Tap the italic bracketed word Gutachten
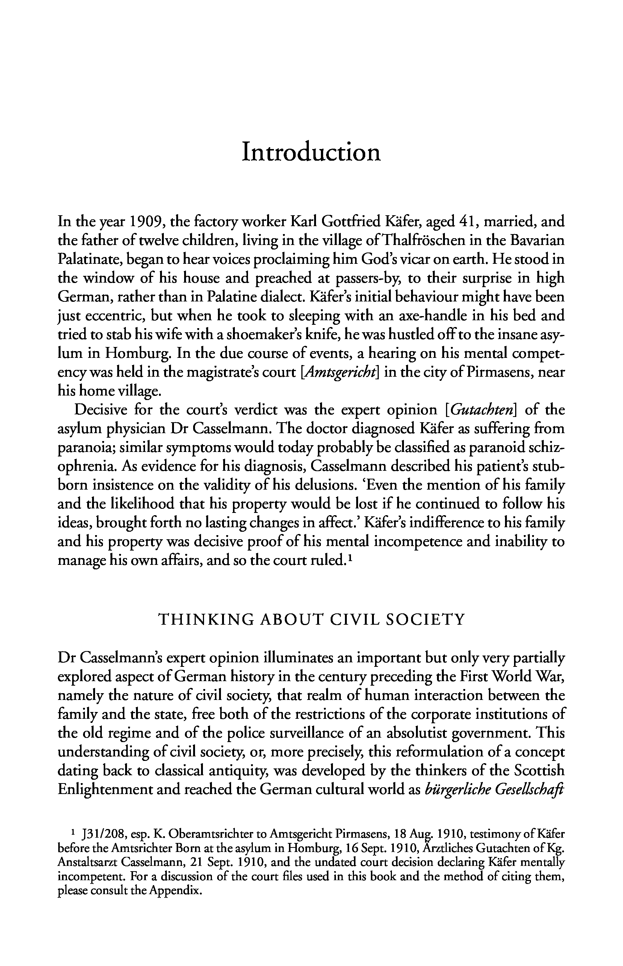482,410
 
